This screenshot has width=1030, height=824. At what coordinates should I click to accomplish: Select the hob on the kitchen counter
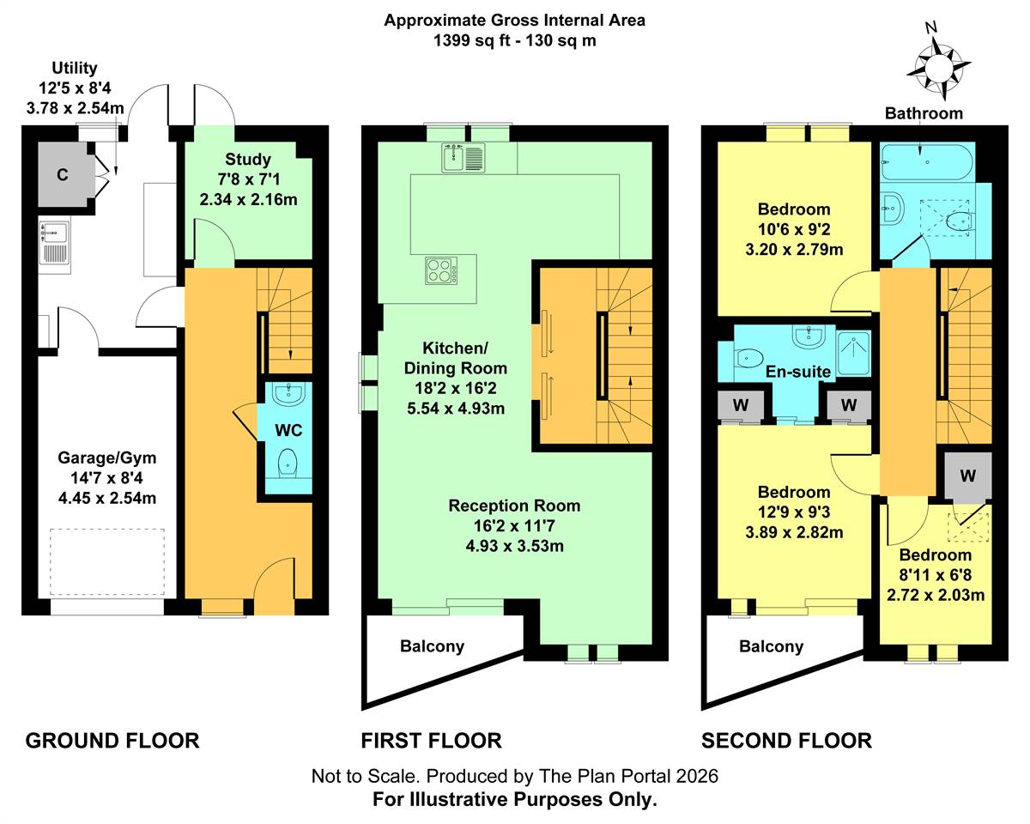coord(441,271)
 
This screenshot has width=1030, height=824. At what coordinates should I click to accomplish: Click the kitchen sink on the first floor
coord(463,158)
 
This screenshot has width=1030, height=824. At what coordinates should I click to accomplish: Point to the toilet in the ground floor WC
coord(288,462)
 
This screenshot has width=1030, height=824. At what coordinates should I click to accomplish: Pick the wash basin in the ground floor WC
coord(288,393)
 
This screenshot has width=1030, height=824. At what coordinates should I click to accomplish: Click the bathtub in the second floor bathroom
coord(927,162)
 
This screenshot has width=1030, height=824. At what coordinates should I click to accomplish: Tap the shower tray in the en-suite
coord(853,353)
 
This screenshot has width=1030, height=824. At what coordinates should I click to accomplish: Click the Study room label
coord(248,160)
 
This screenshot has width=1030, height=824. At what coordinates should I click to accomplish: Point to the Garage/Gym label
coord(106,457)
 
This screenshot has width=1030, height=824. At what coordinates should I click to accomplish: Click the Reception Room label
coord(514,506)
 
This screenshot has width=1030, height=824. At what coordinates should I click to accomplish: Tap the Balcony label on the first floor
coord(433,645)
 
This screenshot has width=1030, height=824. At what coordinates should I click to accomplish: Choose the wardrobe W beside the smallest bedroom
coord(968,476)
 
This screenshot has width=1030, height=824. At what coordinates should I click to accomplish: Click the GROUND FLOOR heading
coord(112,741)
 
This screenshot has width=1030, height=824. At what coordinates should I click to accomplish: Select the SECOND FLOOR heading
coord(786,741)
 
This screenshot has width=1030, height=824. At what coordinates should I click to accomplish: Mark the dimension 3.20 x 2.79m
coord(794,250)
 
